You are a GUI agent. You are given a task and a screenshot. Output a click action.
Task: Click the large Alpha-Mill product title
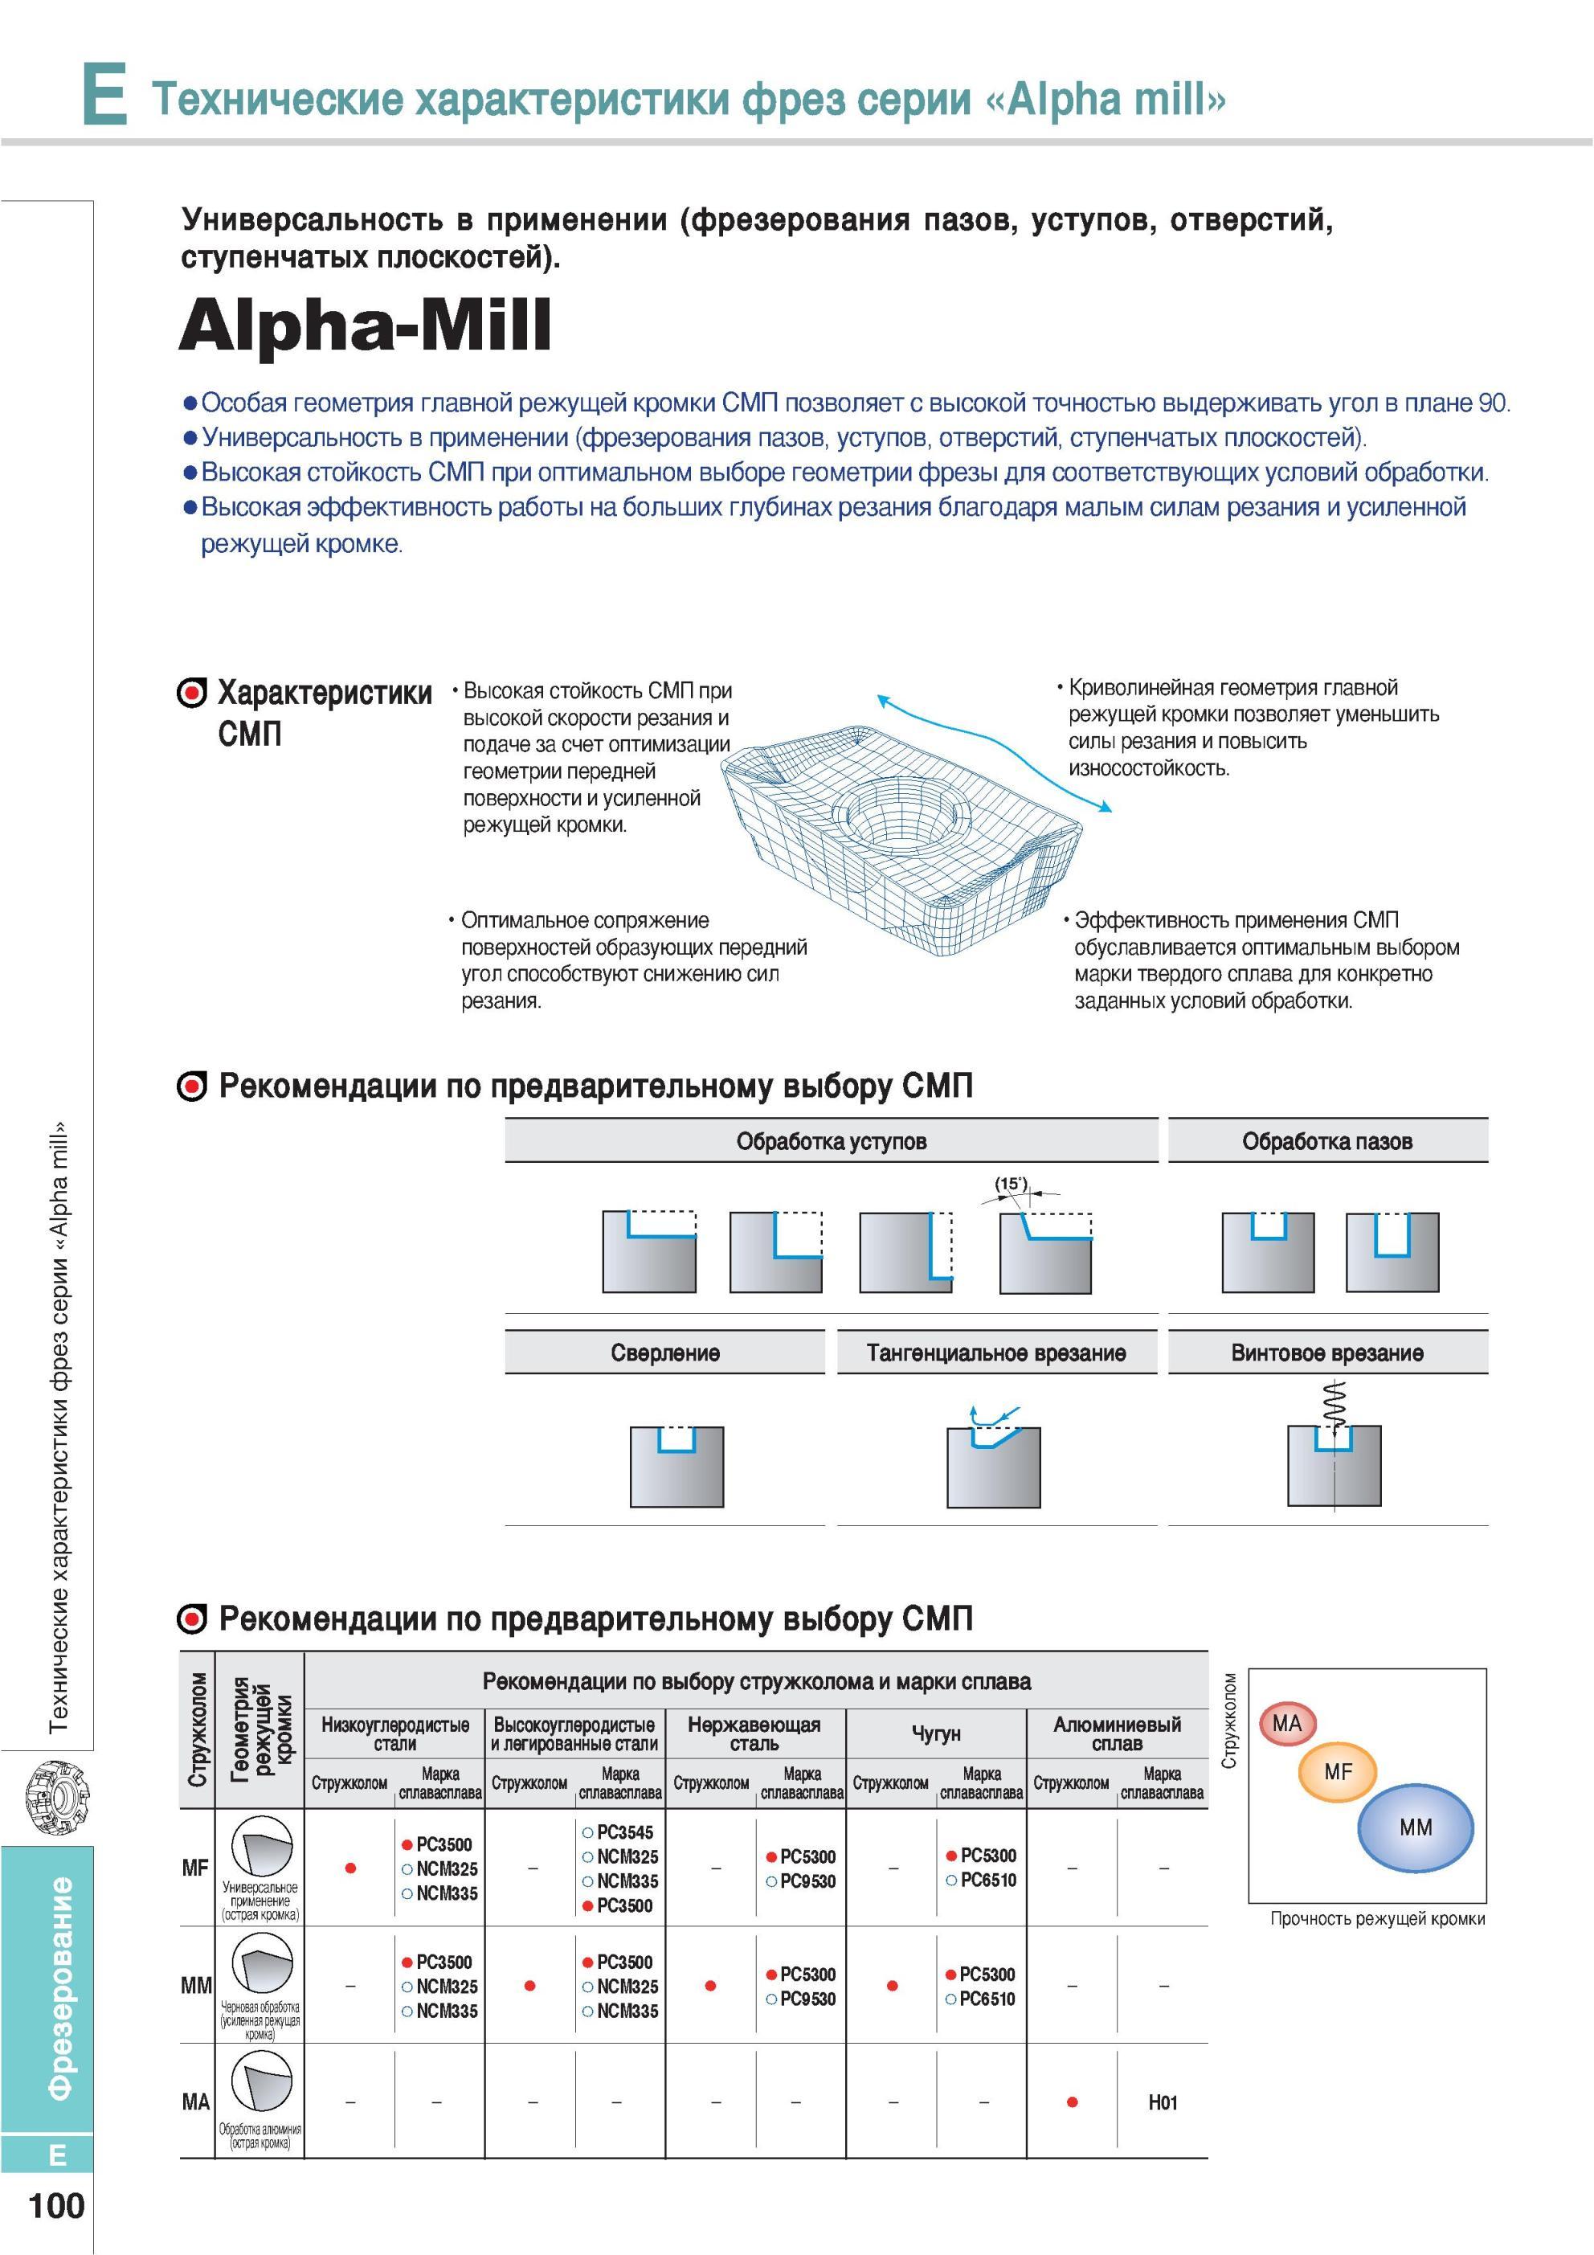coord(365,326)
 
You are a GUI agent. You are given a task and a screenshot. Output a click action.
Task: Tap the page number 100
coord(57,2205)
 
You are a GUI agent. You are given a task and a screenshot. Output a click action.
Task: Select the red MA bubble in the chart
coord(1286,1724)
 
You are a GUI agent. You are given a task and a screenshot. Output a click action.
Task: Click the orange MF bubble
coord(1338,1773)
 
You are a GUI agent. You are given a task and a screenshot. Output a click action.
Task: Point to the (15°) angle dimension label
coord(1011,1185)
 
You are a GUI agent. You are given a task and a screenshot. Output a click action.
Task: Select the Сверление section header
coord(665,1353)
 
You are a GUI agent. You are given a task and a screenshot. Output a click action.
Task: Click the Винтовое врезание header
coord(1326,1353)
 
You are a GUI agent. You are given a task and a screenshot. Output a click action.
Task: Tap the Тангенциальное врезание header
coord(996,1353)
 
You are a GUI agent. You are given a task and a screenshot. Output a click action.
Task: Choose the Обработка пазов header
coord(1326,1141)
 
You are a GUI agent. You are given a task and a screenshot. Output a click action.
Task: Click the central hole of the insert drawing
coord(899,813)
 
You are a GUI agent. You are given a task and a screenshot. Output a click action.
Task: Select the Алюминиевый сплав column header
coord(1117,1733)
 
